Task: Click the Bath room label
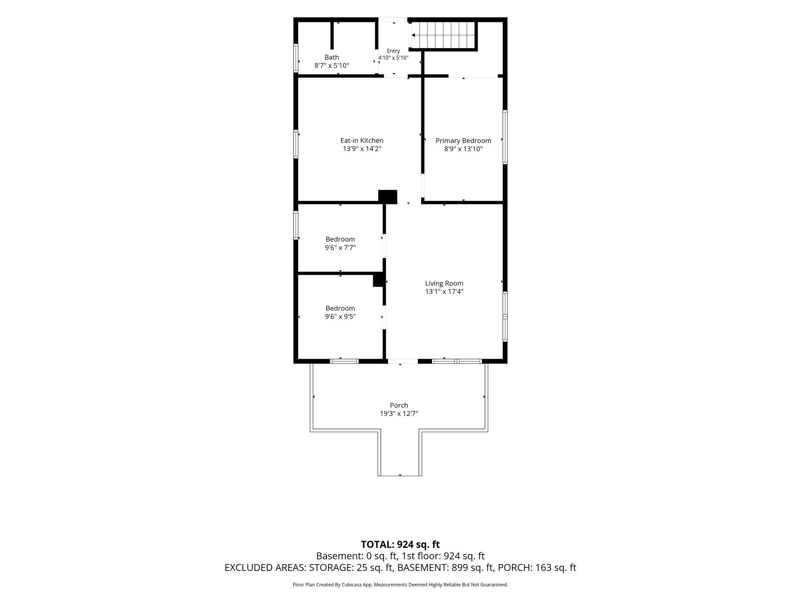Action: coord(332,57)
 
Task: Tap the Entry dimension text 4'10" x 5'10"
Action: coord(393,58)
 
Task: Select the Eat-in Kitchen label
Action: coord(362,141)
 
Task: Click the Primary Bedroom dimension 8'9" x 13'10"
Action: coord(463,149)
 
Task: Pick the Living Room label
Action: coord(444,283)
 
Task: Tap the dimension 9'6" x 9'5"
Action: coord(340,317)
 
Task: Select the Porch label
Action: coord(399,405)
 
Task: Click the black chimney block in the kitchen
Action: coord(388,196)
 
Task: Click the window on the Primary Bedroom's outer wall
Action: coord(505,137)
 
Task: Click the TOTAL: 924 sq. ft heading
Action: coord(400,544)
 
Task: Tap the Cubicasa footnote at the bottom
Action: coord(400,585)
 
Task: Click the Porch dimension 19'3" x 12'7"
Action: coord(399,414)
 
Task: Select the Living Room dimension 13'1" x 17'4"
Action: coord(444,292)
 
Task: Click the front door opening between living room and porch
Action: coord(403,361)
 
